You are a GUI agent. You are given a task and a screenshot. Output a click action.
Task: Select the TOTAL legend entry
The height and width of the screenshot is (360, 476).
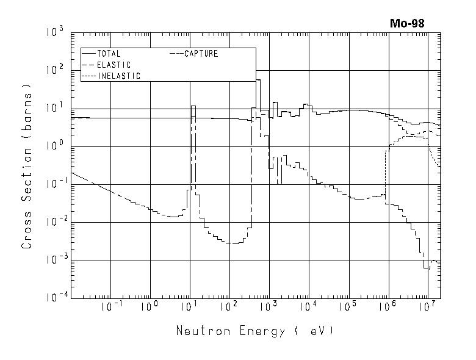tap(109, 54)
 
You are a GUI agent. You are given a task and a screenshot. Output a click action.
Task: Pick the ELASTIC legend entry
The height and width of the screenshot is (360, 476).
tap(114, 65)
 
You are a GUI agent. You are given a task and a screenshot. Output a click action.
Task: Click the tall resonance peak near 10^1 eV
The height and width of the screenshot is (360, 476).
tap(193, 107)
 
